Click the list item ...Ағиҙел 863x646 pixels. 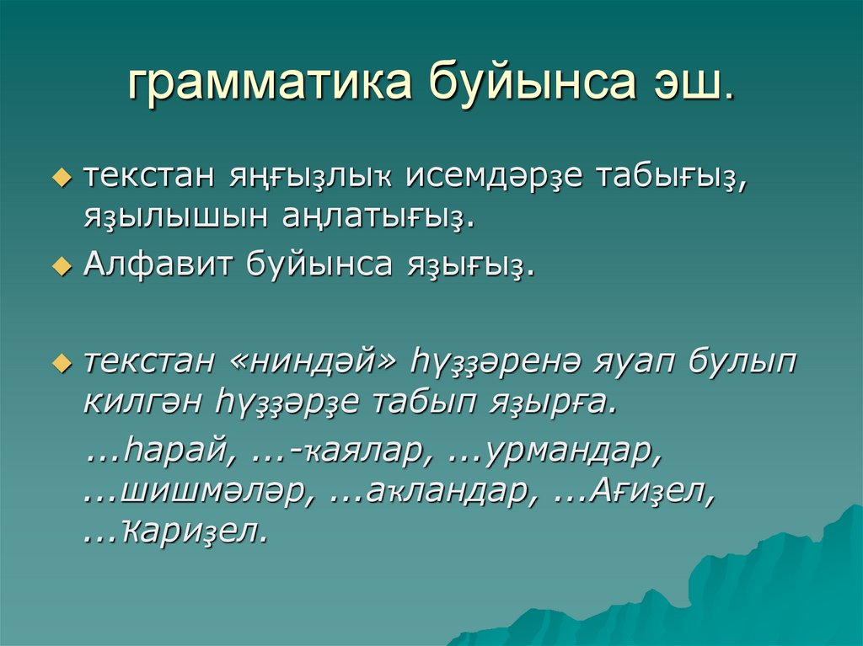click(636, 491)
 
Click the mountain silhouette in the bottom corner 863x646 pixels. click(742, 590)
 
